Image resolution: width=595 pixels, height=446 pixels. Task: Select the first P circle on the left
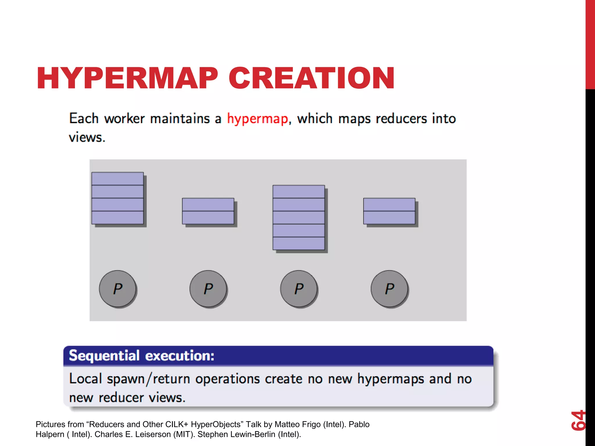click(x=118, y=289)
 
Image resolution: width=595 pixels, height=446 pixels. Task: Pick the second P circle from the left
click(x=208, y=289)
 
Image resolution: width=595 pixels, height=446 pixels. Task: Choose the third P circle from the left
click(x=299, y=289)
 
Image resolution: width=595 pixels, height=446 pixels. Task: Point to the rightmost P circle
click(x=390, y=289)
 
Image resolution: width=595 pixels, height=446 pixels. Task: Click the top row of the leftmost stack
click(x=117, y=179)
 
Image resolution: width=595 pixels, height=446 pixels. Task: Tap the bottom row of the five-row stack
click(x=299, y=243)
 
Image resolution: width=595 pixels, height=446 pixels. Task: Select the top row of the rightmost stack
click(x=389, y=204)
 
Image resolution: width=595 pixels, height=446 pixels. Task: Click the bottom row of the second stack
click(x=208, y=217)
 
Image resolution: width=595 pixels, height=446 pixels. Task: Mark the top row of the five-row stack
click(x=299, y=192)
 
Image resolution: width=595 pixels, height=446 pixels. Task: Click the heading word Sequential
click(x=104, y=356)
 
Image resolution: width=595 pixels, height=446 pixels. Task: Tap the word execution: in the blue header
click(x=180, y=356)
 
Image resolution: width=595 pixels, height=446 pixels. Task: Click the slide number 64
click(x=578, y=420)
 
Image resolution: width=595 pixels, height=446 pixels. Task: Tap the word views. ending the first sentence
click(x=87, y=137)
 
